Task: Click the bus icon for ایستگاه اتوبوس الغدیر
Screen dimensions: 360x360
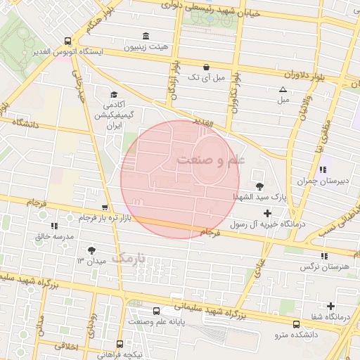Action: [67, 41]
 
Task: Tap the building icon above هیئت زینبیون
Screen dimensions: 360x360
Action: [146, 37]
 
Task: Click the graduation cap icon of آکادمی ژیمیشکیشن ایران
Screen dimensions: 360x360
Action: [113, 94]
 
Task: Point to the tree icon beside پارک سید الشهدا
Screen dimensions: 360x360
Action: [260, 186]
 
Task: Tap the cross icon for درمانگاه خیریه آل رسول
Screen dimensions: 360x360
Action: [267, 212]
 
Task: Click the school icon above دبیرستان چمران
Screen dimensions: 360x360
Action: [323, 169]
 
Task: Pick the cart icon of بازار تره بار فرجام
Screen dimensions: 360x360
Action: [105, 207]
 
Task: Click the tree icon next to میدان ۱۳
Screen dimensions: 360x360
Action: [91, 250]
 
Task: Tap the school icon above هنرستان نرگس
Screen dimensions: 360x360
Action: [323, 257]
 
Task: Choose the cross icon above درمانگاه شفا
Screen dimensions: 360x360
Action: [330, 306]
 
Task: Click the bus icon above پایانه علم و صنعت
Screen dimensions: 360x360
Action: [157, 310]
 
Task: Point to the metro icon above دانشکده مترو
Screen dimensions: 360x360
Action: [296, 324]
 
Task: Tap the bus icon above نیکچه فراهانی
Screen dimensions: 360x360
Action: [120, 344]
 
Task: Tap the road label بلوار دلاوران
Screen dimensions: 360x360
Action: [313, 74]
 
